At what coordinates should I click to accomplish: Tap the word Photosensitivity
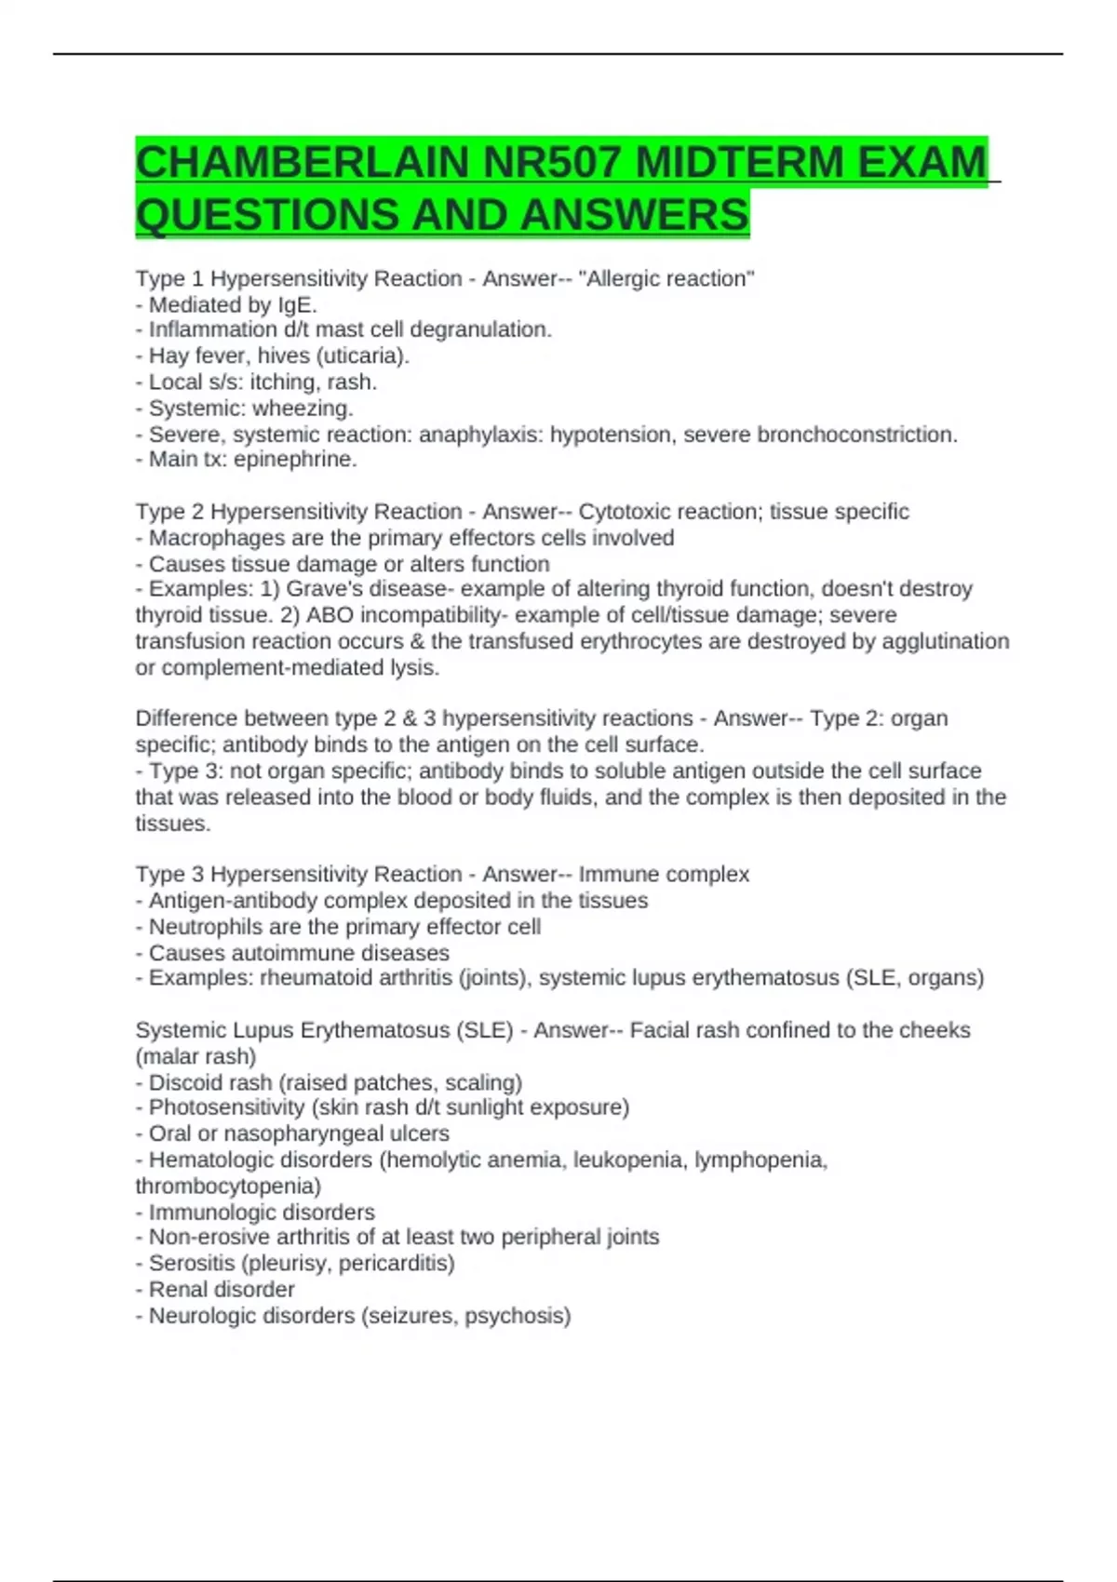[x=226, y=1107]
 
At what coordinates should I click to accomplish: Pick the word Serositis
[x=191, y=1264]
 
